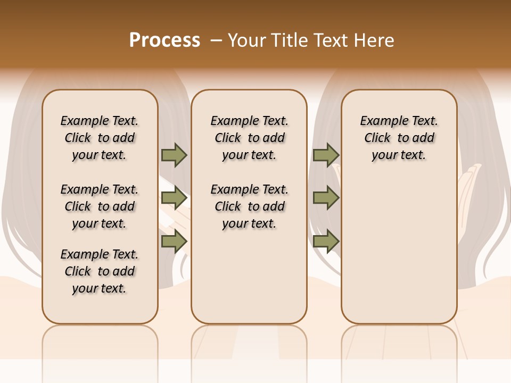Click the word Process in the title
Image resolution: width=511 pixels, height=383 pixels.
click(164, 40)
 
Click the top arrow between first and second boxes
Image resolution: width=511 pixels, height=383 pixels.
click(174, 155)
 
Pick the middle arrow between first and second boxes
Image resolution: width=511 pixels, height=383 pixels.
click(174, 198)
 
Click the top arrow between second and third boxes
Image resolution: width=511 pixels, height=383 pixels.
click(326, 155)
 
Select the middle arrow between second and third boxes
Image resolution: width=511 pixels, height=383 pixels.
click(326, 198)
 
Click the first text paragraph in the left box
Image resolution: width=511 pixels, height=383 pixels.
click(100, 138)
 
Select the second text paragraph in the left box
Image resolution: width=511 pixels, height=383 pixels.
click(100, 206)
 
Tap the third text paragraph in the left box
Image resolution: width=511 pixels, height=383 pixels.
click(100, 271)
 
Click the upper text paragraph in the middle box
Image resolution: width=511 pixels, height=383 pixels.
click(250, 138)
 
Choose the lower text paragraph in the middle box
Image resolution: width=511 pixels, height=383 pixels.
click(250, 206)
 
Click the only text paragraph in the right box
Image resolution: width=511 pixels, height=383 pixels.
click(399, 138)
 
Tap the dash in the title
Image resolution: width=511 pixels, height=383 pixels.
click(216, 40)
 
